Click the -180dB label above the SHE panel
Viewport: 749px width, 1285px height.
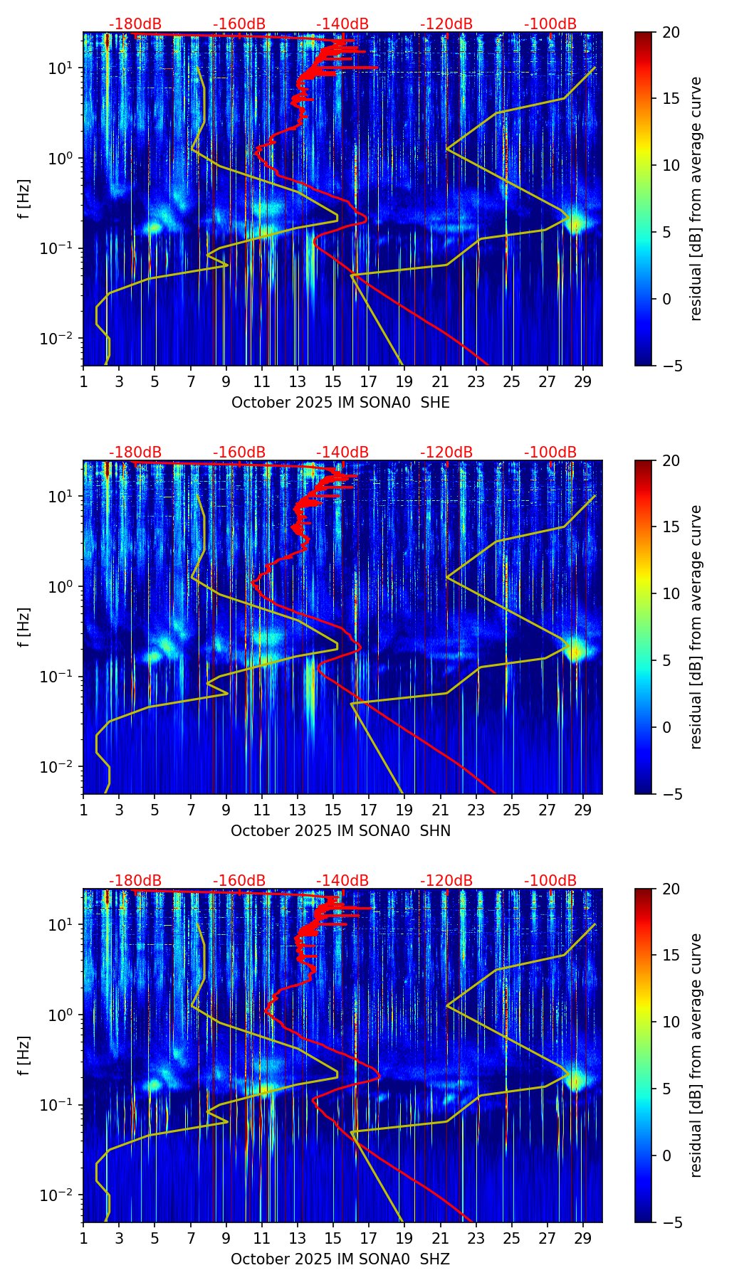[x=135, y=24]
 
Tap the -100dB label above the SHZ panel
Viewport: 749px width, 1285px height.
[x=550, y=881]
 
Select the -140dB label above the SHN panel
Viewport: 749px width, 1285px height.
[x=342, y=453]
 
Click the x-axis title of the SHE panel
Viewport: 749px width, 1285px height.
[x=340, y=403]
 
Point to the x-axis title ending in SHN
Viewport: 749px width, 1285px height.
[x=340, y=831]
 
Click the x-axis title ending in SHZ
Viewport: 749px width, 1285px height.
[x=340, y=1259]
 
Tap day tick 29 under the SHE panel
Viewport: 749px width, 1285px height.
[x=583, y=382]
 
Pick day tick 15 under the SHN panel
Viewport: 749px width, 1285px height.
[x=332, y=810]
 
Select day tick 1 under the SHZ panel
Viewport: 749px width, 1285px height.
[x=83, y=1239]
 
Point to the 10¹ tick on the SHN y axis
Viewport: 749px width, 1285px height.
[x=61, y=496]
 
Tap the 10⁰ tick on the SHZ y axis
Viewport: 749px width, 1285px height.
[x=61, y=1015]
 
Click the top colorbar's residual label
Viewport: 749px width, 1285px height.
[x=696, y=199]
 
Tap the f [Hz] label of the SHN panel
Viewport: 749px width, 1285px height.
[x=24, y=627]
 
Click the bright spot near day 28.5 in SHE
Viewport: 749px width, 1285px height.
[x=575, y=222]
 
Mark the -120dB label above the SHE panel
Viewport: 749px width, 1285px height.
[x=446, y=24]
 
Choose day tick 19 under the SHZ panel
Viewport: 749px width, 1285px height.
[x=404, y=1239]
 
